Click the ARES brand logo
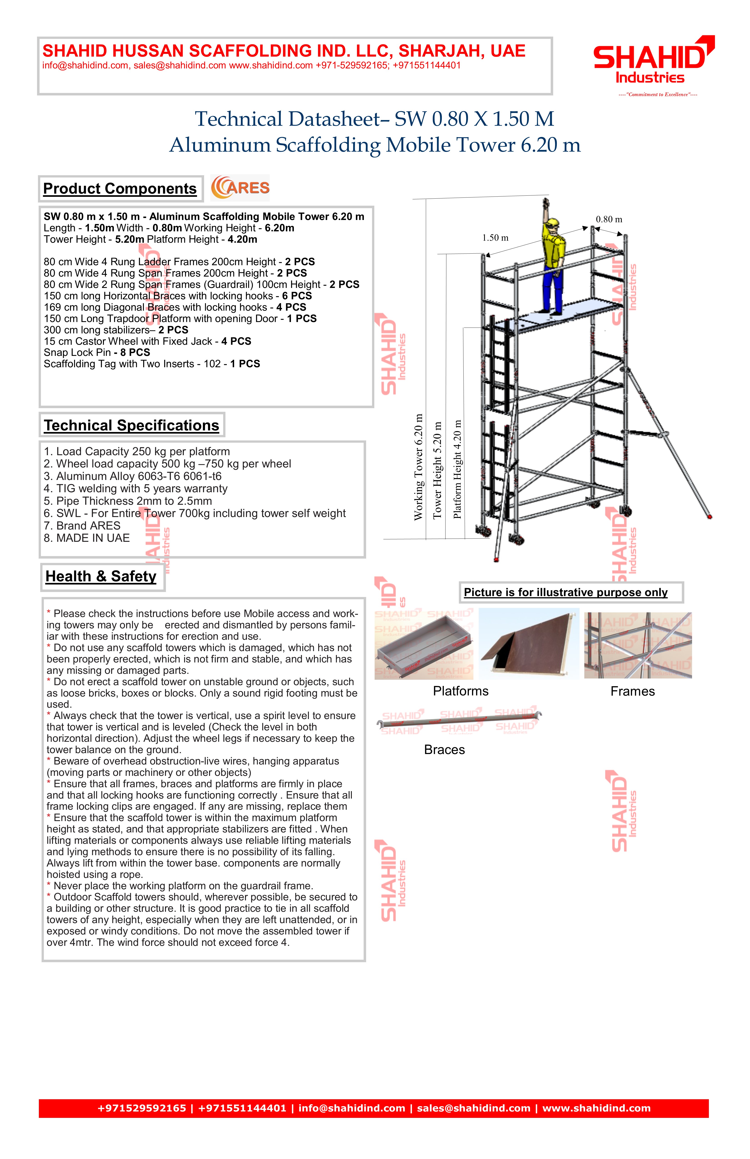click(240, 188)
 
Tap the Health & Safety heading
click(101, 577)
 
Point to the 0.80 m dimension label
click(609, 220)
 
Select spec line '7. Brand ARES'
click(82, 526)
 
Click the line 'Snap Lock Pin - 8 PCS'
click(97, 352)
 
